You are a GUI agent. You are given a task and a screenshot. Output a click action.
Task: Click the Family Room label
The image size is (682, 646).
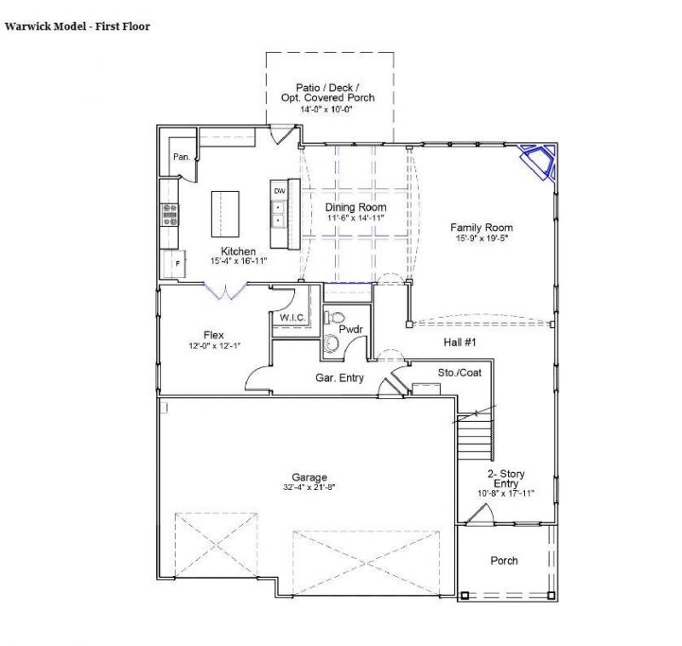click(481, 228)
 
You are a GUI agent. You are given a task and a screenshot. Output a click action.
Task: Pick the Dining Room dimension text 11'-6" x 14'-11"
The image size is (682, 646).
click(356, 218)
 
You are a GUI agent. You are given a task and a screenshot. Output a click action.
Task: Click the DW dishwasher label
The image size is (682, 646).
click(279, 191)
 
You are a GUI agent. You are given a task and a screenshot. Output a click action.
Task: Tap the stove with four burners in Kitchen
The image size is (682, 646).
click(169, 214)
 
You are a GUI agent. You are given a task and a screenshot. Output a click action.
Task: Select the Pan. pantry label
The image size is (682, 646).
click(182, 157)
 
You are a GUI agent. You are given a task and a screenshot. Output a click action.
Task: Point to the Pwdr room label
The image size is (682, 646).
click(350, 328)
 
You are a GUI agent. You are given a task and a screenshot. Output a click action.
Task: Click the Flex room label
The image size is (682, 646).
click(213, 335)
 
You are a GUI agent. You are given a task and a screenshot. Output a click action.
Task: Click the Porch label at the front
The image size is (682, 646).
click(504, 560)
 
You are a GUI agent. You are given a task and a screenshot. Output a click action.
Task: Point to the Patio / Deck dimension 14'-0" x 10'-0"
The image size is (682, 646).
click(329, 109)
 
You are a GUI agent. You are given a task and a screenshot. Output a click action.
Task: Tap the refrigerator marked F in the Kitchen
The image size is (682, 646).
click(176, 264)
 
